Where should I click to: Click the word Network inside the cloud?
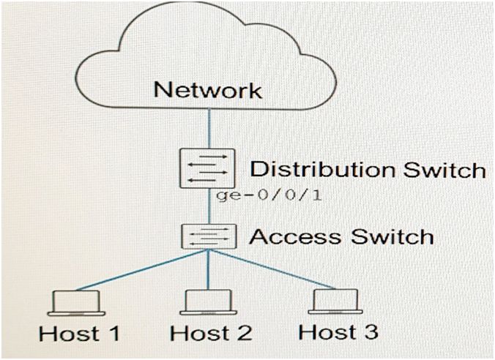tap(207, 91)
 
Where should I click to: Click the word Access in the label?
tap(295, 236)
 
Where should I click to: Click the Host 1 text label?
tap(79, 334)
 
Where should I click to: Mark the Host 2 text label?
tap(211, 334)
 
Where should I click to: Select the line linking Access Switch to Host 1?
tap(143, 271)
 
